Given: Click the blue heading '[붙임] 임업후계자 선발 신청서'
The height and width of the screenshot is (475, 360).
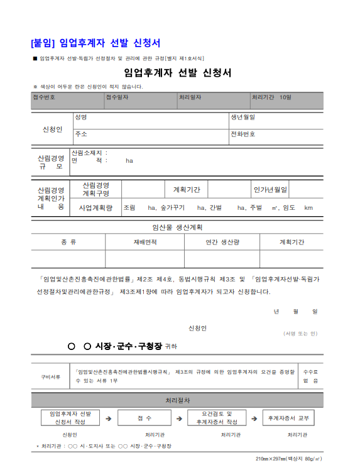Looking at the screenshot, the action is (95, 43).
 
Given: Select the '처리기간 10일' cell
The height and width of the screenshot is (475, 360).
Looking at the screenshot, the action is (271, 97).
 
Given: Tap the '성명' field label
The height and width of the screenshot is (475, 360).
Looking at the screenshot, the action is (80, 117).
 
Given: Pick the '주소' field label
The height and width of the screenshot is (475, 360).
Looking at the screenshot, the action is (80, 134).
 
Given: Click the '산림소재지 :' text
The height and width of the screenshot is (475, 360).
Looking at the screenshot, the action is (90, 153).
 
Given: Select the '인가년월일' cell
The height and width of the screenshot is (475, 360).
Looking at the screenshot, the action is (270, 189).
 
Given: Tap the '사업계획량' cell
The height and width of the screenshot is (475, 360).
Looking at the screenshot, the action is (96, 207).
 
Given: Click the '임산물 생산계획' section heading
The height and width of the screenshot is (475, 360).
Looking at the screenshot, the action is (178, 227).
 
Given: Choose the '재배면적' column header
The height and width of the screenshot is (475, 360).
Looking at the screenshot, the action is (145, 242).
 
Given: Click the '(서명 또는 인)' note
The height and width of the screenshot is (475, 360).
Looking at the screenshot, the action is (300, 333).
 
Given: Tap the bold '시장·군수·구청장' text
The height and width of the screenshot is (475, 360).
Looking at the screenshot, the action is (128, 346).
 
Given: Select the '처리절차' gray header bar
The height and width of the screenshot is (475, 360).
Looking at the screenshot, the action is (178, 400).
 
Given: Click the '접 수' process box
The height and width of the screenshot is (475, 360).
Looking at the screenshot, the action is (144, 418).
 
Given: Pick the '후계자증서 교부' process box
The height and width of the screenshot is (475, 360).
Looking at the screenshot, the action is (288, 418).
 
